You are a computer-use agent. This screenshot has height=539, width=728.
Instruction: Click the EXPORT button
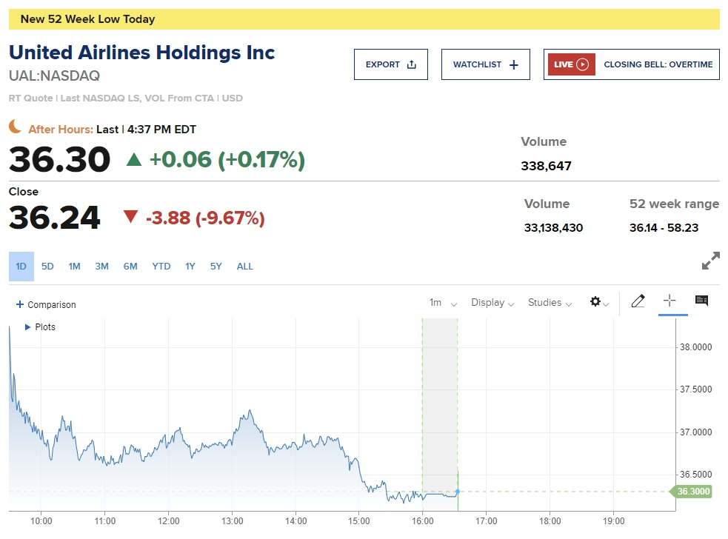[390, 64]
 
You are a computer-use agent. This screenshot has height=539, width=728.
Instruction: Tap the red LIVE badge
[571, 64]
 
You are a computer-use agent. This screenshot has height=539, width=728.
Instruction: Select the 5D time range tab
[47, 267]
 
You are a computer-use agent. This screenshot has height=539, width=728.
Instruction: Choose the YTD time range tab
[161, 267]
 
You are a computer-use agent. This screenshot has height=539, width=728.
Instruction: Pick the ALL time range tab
[244, 267]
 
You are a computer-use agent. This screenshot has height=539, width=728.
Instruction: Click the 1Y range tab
[190, 267]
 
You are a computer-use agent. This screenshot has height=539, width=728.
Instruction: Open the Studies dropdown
[550, 302]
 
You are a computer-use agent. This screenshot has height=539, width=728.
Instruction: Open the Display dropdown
[492, 302]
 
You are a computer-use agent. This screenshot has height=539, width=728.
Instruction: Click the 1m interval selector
[443, 302]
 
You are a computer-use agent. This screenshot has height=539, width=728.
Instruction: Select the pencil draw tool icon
[638, 301]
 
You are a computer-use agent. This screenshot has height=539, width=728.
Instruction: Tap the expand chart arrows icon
[710, 261]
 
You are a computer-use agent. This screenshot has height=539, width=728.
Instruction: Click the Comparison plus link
[46, 304]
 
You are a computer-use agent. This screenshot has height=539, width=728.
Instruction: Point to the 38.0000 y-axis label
[695, 346]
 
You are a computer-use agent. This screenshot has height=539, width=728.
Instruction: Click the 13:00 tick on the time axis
[233, 520]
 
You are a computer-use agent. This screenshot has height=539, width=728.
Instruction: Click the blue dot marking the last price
[458, 491]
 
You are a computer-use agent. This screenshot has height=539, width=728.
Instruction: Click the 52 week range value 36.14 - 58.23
[664, 227]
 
